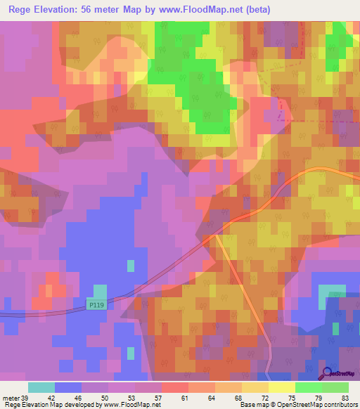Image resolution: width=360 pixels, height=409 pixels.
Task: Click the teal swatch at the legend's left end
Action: [41, 387]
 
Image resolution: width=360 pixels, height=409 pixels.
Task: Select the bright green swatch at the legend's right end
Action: [335, 387]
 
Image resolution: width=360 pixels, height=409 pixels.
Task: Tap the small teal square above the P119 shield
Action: [101, 291]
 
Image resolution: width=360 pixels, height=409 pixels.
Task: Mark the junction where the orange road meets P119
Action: [214, 236]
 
